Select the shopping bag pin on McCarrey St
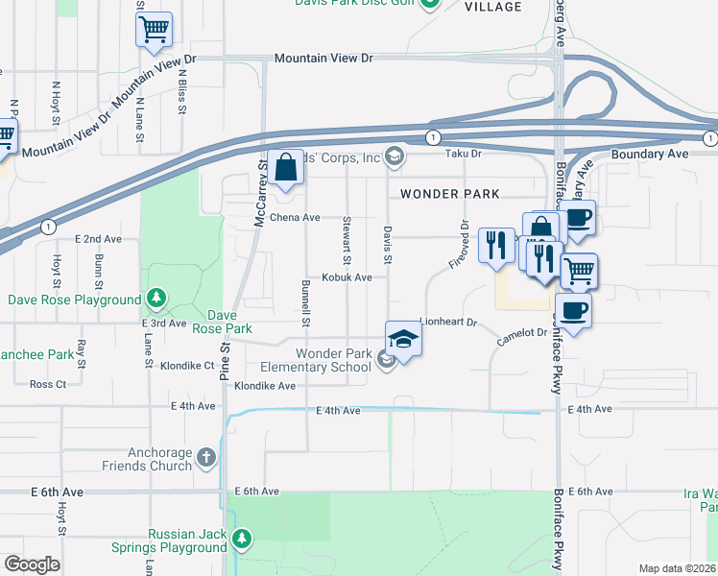tap(286, 169)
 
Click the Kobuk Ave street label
tap(347, 278)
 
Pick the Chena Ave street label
tap(295, 218)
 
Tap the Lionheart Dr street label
tap(448, 323)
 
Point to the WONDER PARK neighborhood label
tap(449, 194)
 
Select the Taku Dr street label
tap(462, 154)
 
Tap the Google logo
tap(31, 564)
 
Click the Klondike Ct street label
tap(186, 366)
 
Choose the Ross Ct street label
tap(48, 384)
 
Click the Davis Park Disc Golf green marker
tap(431, 3)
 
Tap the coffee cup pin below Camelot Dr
tap(573, 311)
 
